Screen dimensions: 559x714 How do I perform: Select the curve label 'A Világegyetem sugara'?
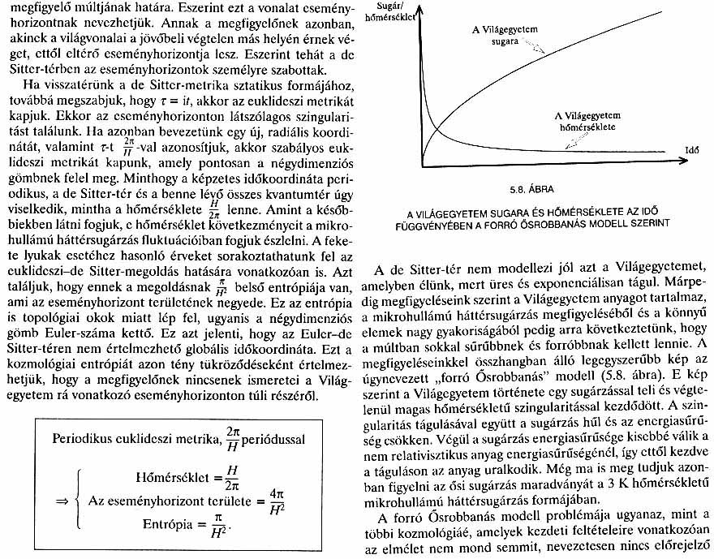(506, 33)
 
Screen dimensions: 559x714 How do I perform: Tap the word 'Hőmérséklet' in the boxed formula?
(163, 473)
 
